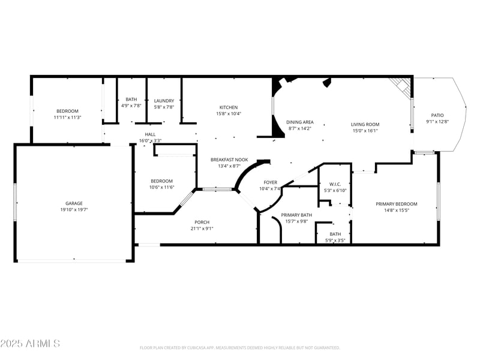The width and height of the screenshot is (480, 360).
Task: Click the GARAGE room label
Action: click(74, 203)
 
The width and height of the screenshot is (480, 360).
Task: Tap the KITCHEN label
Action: click(228, 107)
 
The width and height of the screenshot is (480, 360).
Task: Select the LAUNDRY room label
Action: click(164, 101)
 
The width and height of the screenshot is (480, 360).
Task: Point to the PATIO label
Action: click(437, 115)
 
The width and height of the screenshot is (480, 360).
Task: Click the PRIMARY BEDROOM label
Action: click(396, 204)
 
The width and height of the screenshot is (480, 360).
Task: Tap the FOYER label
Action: click(270, 182)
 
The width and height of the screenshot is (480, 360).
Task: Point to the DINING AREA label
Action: click(299, 122)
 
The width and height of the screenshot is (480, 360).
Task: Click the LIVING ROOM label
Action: click(365, 124)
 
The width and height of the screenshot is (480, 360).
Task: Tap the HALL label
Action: click(150, 134)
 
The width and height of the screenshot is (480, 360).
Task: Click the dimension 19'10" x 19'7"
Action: click(74, 210)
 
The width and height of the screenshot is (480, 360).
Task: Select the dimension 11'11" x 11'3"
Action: click(67, 118)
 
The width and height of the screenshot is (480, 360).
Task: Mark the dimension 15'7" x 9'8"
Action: click(296, 221)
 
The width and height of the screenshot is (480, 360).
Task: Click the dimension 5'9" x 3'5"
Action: click(335, 241)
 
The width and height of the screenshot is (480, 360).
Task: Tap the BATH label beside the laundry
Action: click(131, 100)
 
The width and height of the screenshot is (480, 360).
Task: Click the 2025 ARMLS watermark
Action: click(30, 343)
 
